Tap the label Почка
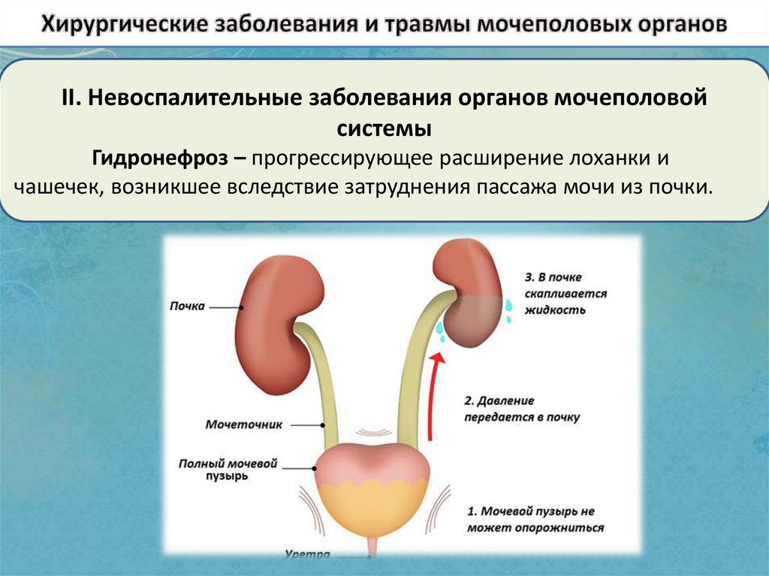[187, 306]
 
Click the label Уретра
[308, 556]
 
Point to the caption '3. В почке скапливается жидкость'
[556, 294]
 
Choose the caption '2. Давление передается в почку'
[521, 409]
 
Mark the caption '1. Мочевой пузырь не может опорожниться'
[535, 520]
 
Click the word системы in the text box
[384, 128]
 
